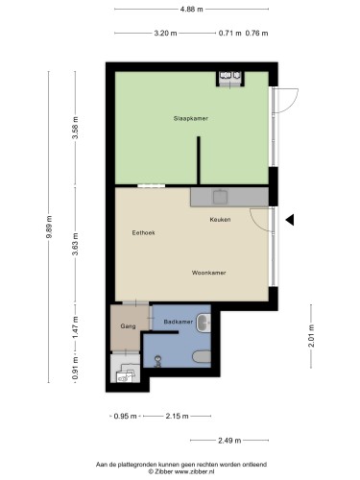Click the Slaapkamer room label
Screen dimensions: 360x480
[191, 118]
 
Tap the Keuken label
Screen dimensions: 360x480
[220, 220]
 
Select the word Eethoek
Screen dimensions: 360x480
[143, 232]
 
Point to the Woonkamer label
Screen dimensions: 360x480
[208, 273]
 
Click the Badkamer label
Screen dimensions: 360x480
[179, 322]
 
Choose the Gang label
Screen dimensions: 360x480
[128, 326]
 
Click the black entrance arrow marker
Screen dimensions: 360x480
[290, 220]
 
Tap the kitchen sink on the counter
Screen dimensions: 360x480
[221, 197]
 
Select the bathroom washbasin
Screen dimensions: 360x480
[204, 323]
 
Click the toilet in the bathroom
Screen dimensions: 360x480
[202, 356]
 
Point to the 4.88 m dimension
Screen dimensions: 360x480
[191, 10]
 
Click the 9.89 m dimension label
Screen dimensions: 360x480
[49, 227]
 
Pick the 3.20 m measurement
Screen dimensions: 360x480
[165, 33]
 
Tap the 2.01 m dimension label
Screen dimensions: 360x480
[311, 336]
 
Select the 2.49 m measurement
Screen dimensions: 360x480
[229, 441]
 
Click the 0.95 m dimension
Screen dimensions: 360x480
[125, 417]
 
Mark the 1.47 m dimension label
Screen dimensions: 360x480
[76, 327]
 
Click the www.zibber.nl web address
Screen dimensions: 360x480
[194, 471]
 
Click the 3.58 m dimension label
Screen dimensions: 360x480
[76, 128]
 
